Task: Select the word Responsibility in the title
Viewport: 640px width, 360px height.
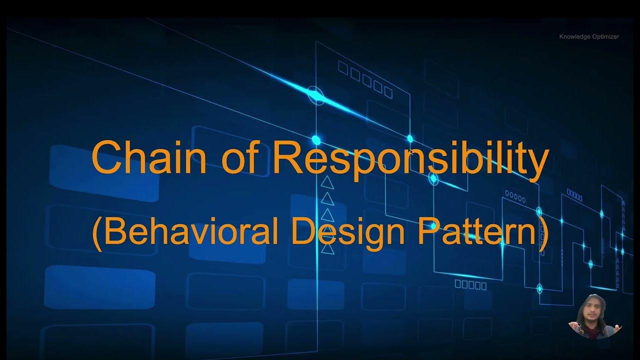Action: pos(410,158)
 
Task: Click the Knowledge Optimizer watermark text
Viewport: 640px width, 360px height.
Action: pos(589,36)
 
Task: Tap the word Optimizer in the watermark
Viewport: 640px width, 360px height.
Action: pos(605,36)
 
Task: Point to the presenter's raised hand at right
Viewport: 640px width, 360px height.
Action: pos(618,327)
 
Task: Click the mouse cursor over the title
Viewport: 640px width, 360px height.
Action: pos(411,151)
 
